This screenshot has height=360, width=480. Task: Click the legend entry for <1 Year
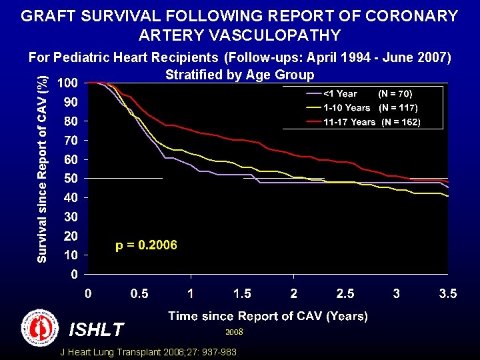pos(340,94)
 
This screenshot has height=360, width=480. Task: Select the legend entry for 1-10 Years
pos(347,108)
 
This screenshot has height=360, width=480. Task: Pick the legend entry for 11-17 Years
pos(349,122)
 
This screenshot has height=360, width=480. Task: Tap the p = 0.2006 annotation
pos(146,245)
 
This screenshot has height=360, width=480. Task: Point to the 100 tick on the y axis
pos(67,83)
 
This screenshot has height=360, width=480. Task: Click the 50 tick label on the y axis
pos(70,179)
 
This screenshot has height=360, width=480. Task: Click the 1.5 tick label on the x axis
pos(242,294)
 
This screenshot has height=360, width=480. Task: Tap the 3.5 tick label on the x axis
pos(447,294)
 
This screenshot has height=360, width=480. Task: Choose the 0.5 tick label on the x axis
pos(139,294)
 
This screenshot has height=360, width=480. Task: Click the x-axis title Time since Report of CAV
pos(267,316)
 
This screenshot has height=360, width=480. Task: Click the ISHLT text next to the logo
pos(96,329)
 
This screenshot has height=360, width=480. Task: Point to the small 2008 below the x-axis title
pos(234,331)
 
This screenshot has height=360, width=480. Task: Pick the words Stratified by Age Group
pos(239,74)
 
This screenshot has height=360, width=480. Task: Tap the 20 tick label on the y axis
pos(70,236)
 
